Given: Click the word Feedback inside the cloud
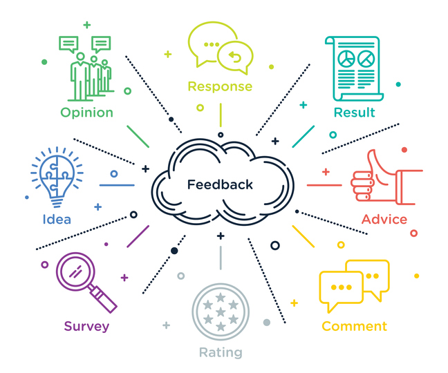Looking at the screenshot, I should click(220, 184).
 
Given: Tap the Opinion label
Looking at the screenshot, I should click(86, 113).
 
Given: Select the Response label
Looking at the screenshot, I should click(220, 86).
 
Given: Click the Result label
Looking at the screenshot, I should click(354, 113).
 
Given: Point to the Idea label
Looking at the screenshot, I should click(57, 220).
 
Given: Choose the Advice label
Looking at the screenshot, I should click(384, 220).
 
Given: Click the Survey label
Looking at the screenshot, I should click(86, 326).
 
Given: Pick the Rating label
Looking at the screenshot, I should click(221, 352).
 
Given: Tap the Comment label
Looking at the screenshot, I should click(354, 326).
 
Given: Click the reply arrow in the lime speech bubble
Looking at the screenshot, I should click(237, 58).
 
